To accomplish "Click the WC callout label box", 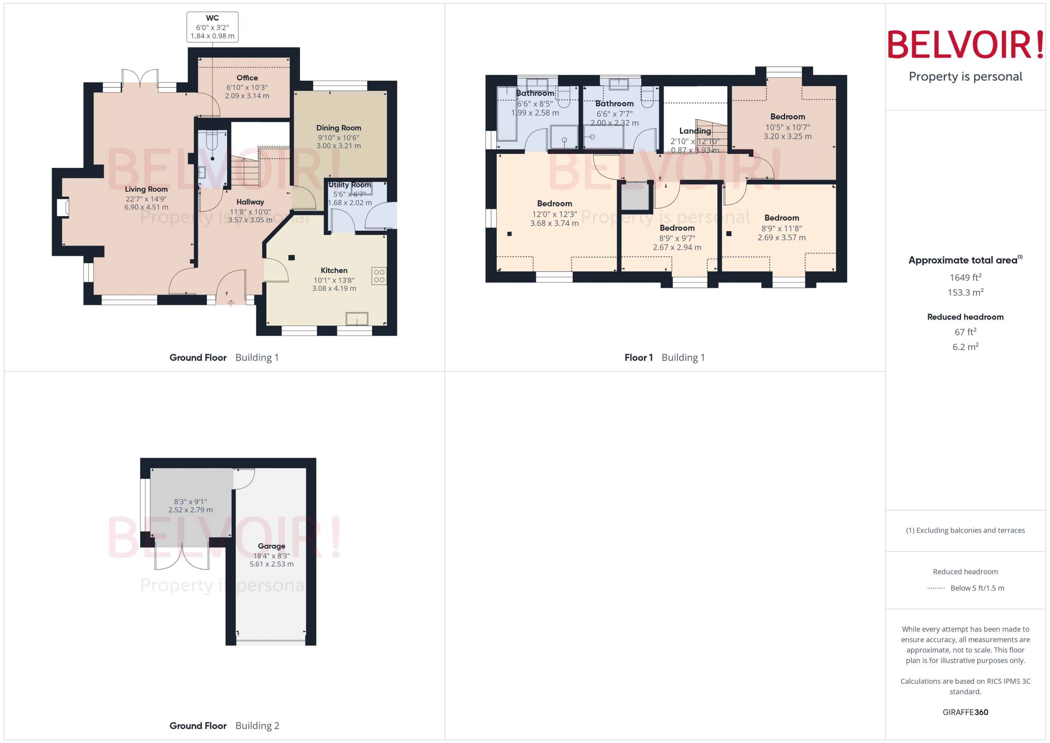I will [212, 27].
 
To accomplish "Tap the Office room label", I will [247, 78].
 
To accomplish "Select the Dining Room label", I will [339, 128].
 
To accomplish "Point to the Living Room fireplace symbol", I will [63, 207].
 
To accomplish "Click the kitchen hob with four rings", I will [379, 276].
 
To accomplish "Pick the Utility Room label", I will [349, 185].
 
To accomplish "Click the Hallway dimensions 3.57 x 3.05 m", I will [250, 220].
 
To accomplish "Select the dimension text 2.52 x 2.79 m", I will [190, 510].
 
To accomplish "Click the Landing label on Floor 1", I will [695, 131].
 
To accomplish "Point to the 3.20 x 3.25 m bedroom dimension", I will [787, 136].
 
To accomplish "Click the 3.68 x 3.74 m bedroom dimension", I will [554, 223].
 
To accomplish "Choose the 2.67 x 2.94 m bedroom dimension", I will [677, 247].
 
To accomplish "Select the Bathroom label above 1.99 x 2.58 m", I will [535, 93].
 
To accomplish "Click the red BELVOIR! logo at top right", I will [965, 45].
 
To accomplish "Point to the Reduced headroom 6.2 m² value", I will [965, 347].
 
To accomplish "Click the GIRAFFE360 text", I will [965, 712].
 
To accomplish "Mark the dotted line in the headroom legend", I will [935, 588].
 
